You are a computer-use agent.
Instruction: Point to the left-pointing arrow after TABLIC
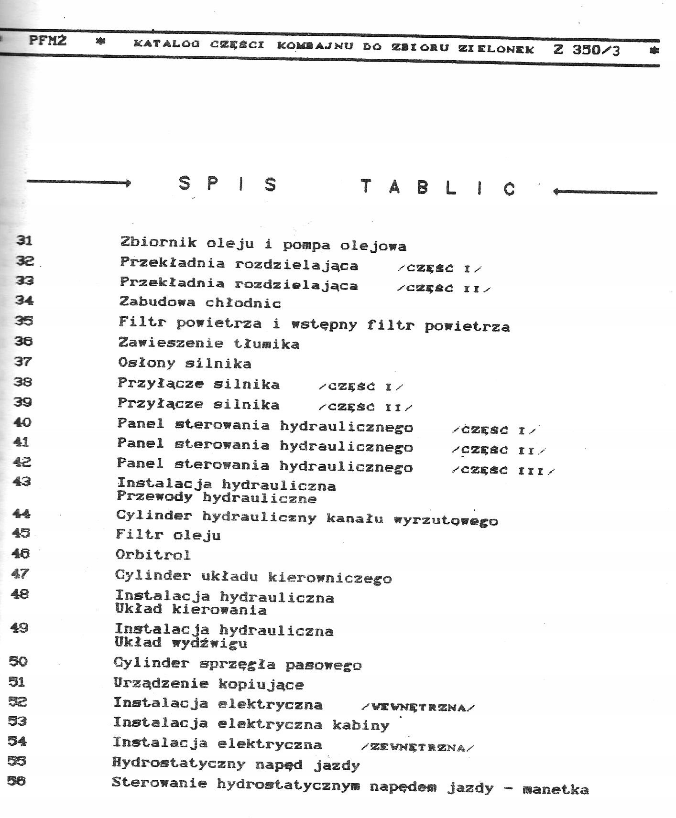click(605, 192)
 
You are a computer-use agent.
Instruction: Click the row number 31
click(24, 240)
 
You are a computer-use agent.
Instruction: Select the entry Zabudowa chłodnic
click(200, 302)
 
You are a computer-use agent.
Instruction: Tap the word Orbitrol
click(153, 555)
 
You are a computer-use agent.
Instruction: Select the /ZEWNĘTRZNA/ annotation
click(418, 747)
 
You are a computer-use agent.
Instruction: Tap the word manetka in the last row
click(556, 789)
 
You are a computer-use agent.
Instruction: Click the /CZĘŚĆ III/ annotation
click(503, 471)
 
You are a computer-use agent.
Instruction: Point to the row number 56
click(17, 781)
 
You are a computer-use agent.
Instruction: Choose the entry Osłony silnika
click(185, 363)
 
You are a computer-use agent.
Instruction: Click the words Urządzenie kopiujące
click(208, 684)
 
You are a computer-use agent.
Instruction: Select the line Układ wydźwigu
click(181, 643)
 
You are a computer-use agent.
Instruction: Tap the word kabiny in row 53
click(361, 725)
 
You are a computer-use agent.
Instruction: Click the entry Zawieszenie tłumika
click(208, 343)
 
